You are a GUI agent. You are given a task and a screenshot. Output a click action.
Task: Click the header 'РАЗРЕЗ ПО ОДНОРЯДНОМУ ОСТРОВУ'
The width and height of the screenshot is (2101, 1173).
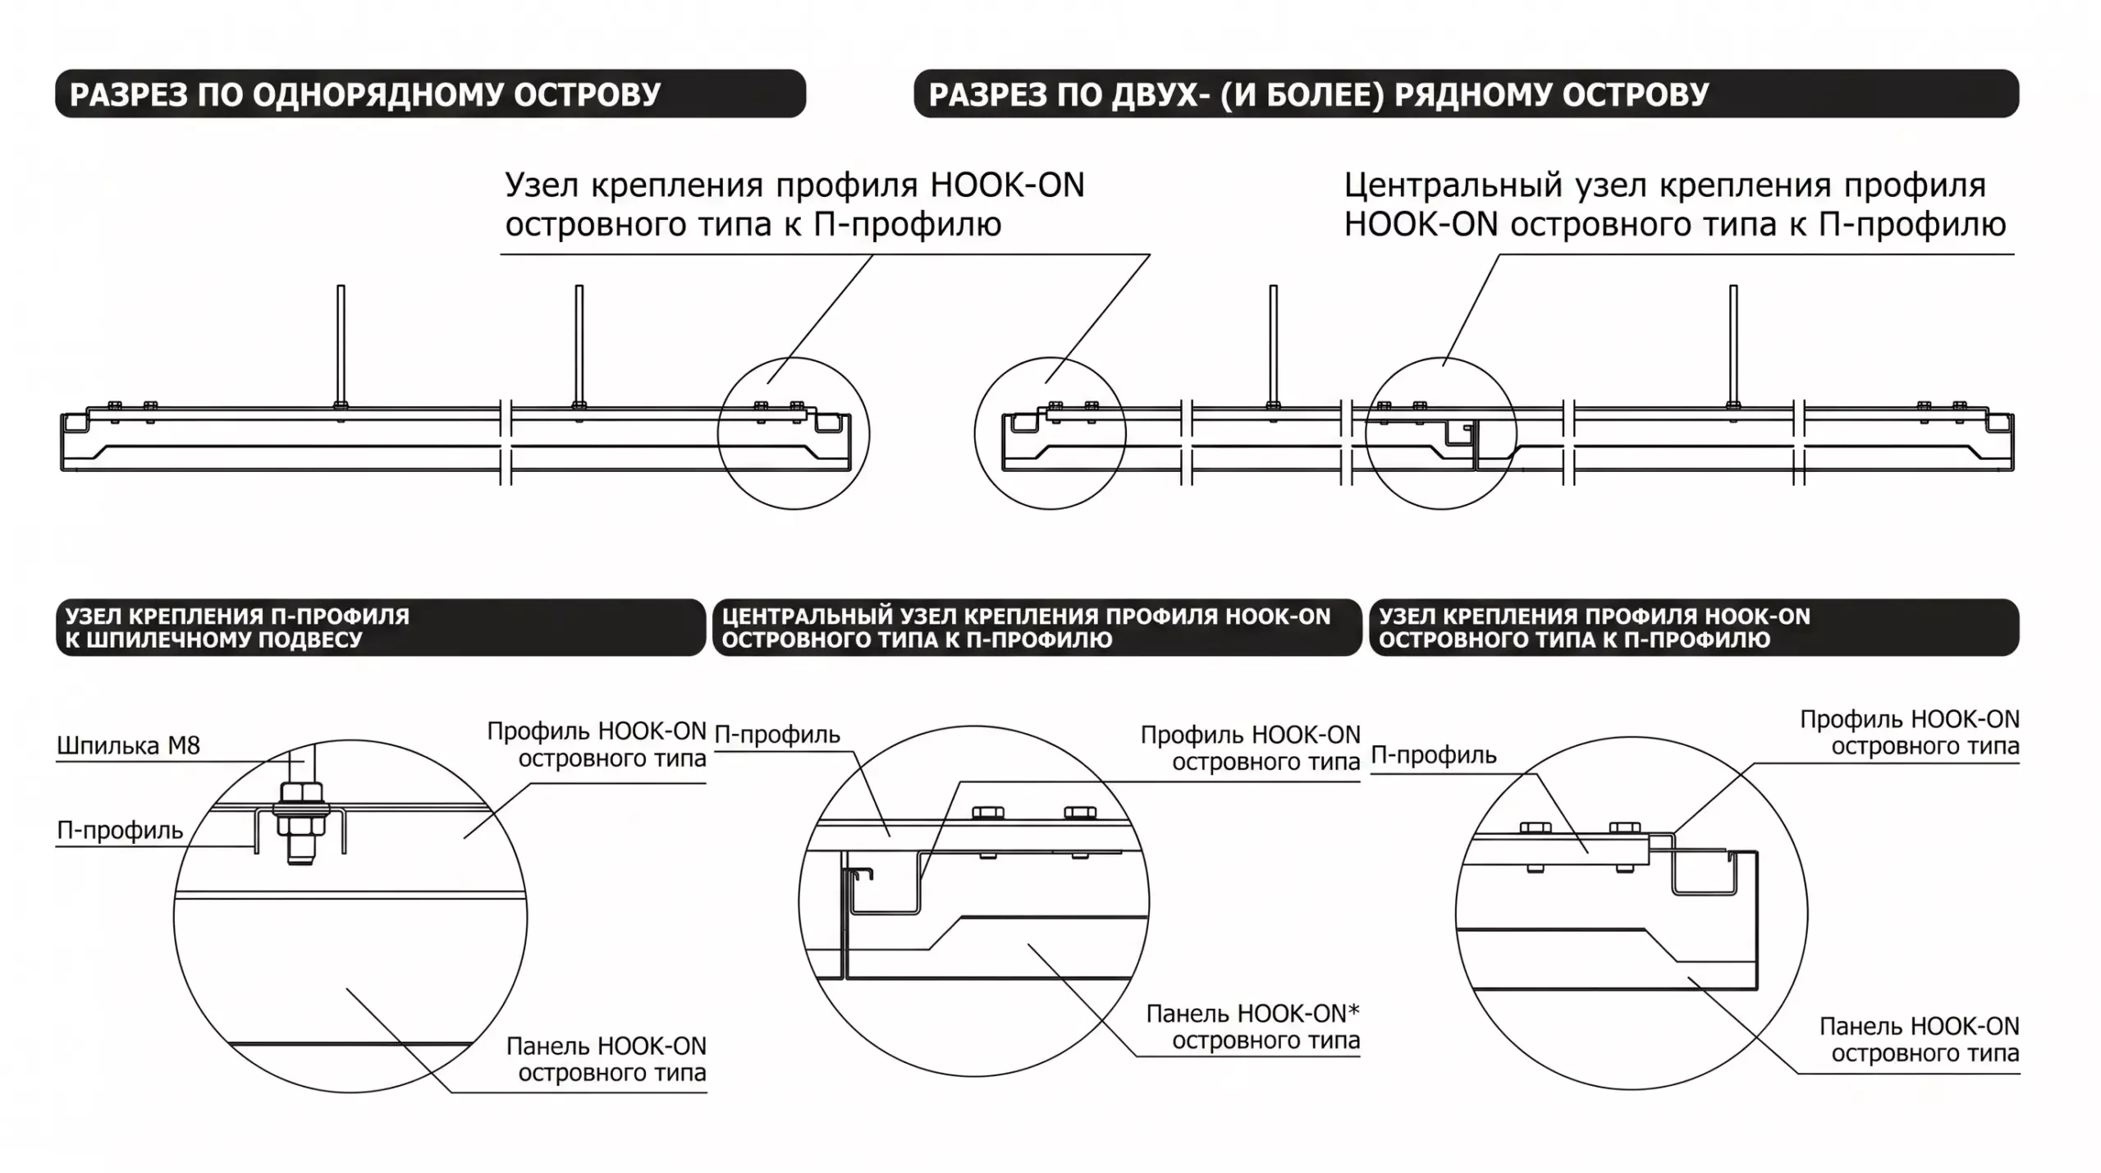365,94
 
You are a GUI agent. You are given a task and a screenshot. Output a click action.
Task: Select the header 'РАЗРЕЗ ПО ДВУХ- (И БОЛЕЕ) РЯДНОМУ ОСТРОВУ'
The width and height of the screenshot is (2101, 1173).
1319,94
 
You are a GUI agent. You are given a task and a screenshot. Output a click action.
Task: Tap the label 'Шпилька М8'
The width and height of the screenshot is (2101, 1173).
128,745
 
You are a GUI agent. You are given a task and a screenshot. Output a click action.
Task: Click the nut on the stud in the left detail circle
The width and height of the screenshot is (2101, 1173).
301,795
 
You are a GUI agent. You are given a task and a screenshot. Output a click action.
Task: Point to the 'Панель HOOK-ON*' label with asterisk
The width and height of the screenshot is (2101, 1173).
1252,1014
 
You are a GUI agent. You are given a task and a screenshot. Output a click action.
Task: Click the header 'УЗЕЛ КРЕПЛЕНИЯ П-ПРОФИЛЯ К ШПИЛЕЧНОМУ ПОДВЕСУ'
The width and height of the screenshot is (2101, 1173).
237,628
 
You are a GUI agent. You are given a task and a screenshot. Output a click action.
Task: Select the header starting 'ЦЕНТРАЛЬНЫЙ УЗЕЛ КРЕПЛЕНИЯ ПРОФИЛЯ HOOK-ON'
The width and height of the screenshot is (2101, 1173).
1026,628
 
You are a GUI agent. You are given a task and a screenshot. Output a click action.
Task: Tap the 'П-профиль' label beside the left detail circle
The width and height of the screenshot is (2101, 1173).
120,831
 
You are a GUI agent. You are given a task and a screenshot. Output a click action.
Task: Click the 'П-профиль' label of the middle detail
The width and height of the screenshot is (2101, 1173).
777,735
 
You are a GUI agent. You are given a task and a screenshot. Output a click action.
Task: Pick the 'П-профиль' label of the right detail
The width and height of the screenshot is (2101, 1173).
1434,755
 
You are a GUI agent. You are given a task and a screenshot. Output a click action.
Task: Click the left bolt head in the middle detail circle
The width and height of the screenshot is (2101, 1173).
988,813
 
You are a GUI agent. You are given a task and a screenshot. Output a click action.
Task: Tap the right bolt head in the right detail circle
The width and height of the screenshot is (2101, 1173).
1625,827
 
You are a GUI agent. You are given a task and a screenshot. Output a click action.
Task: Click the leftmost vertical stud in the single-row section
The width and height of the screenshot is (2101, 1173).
341,346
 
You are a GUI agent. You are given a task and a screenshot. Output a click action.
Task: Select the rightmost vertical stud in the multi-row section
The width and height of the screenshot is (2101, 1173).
1733,346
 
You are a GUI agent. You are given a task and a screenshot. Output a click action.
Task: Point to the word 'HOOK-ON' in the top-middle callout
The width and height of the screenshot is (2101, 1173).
1008,186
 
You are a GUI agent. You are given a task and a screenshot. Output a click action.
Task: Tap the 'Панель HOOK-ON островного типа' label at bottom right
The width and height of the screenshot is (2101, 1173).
1920,1040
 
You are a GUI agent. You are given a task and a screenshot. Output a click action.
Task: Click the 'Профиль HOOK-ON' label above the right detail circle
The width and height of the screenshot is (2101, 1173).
1910,720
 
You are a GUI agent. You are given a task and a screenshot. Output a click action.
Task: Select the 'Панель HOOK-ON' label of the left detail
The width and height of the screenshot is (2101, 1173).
606,1047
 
